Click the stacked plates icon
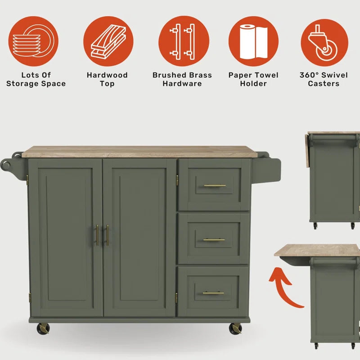[33, 41]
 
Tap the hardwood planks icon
[108, 41]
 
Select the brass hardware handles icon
[184, 41]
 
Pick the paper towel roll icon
[253, 41]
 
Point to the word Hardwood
[107, 75]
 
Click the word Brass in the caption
[199, 75]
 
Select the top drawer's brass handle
[215, 185]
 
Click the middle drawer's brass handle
[214, 240]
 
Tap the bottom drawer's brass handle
[213, 293]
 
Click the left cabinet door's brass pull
[97, 235]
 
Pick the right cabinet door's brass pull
[108, 235]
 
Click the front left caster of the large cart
[43, 328]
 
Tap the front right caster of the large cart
[235, 328]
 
